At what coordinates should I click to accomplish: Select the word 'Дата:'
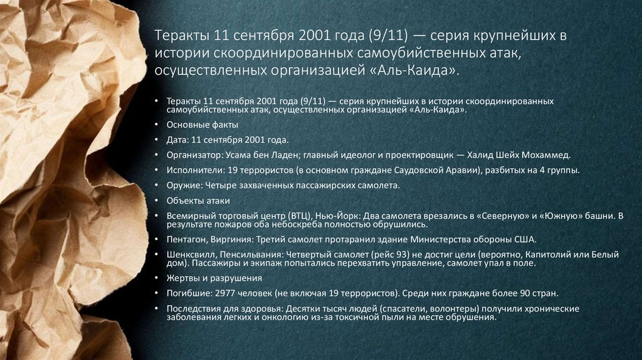click(x=178, y=140)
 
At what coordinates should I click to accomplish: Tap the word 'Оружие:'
click(x=183, y=186)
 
